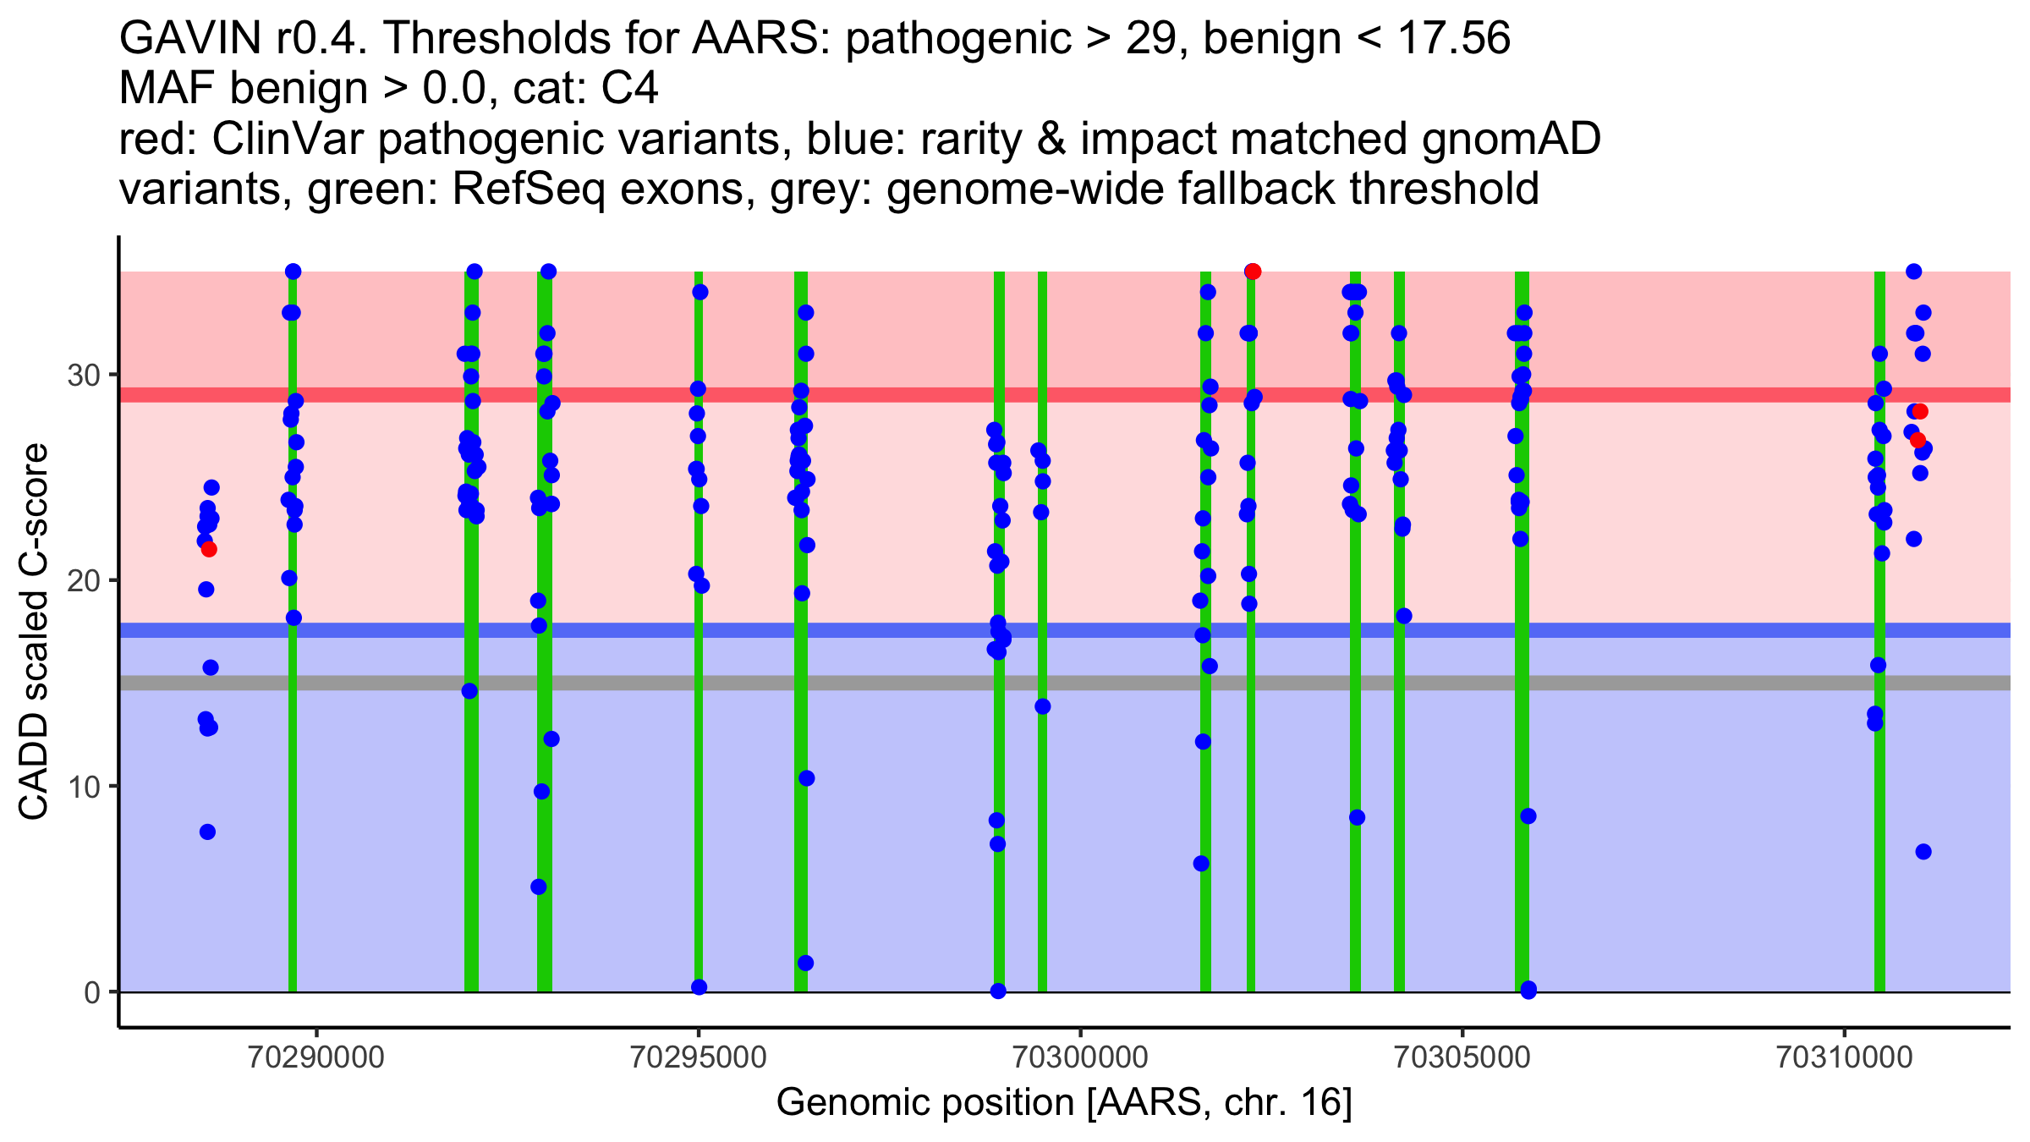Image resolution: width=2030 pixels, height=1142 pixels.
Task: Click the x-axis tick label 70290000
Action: tap(317, 1058)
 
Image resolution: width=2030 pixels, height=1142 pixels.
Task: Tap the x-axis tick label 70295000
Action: tap(699, 1058)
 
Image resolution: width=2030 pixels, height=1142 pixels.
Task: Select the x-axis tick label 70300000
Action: tap(1080, 1058)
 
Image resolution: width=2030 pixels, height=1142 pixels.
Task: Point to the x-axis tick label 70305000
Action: tap(1462, 1058)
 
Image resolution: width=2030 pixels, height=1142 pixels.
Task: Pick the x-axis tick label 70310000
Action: tap(1844, 1058)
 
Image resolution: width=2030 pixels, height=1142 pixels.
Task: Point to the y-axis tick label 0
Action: tap(92, 992)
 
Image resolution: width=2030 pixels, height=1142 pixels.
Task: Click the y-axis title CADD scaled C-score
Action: tap(34, 634)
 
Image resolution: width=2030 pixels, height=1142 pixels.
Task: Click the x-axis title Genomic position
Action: tap(1064, 1103)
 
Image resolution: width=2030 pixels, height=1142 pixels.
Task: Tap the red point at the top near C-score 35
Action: tap(1253, 272)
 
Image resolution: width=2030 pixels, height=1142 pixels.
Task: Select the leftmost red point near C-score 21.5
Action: tap(209, 550)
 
